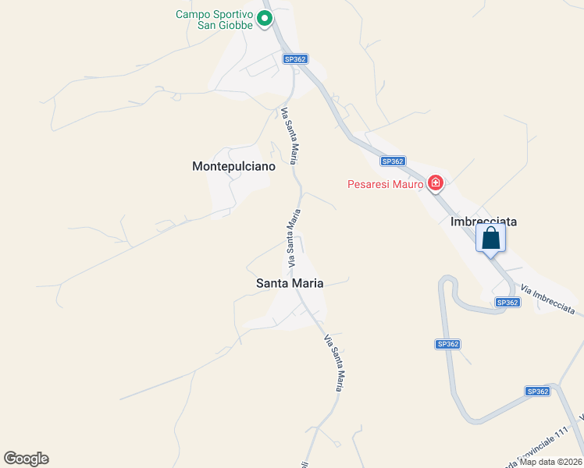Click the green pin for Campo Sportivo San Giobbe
click(x=265, y=18)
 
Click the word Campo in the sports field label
click(x=193, y=14)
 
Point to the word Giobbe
click(x=234, y=26)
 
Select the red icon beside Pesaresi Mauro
click(x=436, y=184)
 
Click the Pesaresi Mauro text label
click(x=386, y=184)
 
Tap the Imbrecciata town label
click(x=484, y=222)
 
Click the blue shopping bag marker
click(x=490, y=238)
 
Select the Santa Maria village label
click(x=290, y=284)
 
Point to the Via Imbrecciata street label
click(x=552, y=300)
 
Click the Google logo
click(x=26, y=459)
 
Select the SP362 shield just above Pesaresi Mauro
click(x=393, y=161)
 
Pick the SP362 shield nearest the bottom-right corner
click(x=538, y=392)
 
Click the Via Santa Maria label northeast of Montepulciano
click(x=289, y=136)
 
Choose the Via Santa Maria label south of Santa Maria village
click(x=334, y=362)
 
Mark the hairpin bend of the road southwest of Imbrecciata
click(x=447, y=281)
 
